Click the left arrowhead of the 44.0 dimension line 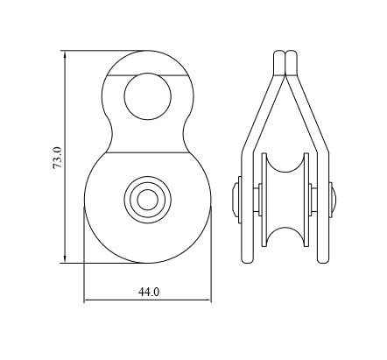tap(88, 302)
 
